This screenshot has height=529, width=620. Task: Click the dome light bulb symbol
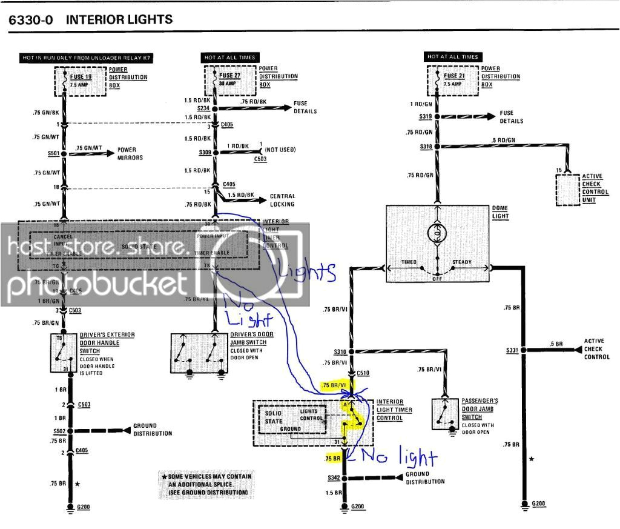437,231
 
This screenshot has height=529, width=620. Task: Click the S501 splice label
53,153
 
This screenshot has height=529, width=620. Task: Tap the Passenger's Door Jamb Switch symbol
447,414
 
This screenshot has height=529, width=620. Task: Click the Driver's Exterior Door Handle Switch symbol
64,352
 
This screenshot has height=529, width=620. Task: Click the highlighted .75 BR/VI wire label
335,386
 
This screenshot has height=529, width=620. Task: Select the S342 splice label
334,478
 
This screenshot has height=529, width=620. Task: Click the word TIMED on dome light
409,262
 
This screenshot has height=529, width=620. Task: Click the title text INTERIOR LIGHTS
119,19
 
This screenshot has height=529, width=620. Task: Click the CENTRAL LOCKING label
282,200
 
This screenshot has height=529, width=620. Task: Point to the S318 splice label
427,147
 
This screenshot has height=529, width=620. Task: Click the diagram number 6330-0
31,19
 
